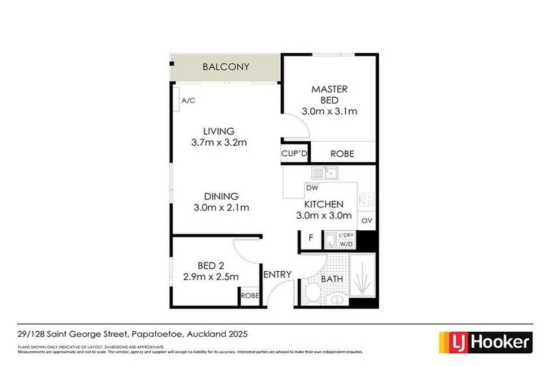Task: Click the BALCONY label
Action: point(225,67)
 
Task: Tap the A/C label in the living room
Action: point(188,102)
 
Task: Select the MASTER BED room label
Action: point(329,94)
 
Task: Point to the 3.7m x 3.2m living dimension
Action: point(219,142)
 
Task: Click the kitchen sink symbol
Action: point(325,173)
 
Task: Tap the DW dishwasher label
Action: point(311,188)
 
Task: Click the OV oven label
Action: point(366,221)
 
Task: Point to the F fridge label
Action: point(310,237)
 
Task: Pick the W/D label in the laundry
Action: point(346,244)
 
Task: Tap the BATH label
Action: point(332,278)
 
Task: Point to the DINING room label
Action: point(221,196)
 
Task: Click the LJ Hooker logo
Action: point(485,342)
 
